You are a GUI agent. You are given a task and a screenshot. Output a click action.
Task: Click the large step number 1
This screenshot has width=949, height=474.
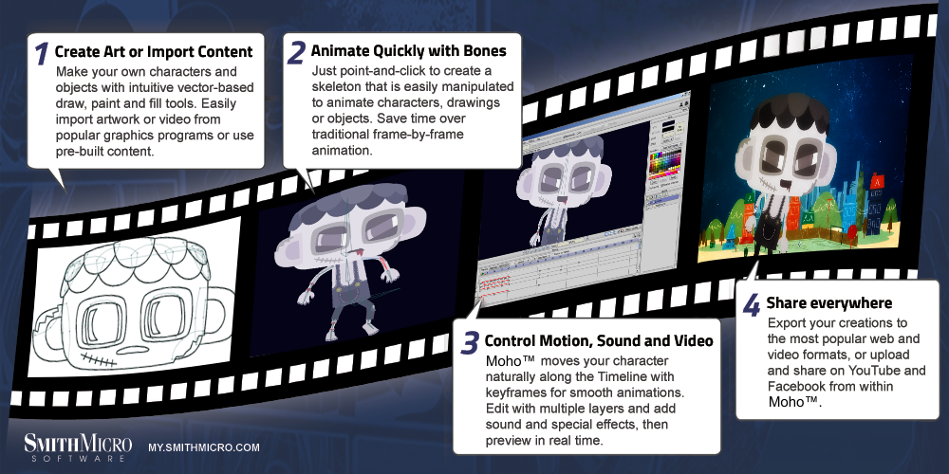41,53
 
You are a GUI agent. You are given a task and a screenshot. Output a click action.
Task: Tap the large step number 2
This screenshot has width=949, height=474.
296,52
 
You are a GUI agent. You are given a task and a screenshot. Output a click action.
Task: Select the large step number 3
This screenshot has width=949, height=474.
470,343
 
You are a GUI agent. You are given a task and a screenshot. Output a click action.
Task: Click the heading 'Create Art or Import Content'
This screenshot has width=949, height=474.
154,52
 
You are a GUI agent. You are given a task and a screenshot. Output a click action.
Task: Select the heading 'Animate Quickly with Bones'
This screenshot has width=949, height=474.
408,51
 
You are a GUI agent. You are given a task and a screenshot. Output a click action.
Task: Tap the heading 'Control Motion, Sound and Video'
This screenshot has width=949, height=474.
599,340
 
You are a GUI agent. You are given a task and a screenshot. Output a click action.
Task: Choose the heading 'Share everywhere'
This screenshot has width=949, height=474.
829,302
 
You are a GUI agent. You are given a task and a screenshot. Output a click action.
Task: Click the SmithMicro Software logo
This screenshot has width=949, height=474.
78,447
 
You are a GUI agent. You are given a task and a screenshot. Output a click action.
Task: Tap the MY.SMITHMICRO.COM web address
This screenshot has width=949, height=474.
204,448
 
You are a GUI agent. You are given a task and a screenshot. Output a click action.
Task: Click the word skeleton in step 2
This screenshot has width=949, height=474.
337,87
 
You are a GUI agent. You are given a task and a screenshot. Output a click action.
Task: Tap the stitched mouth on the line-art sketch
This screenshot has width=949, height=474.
96,358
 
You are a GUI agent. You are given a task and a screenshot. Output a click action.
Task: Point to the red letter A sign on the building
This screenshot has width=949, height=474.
876,180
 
